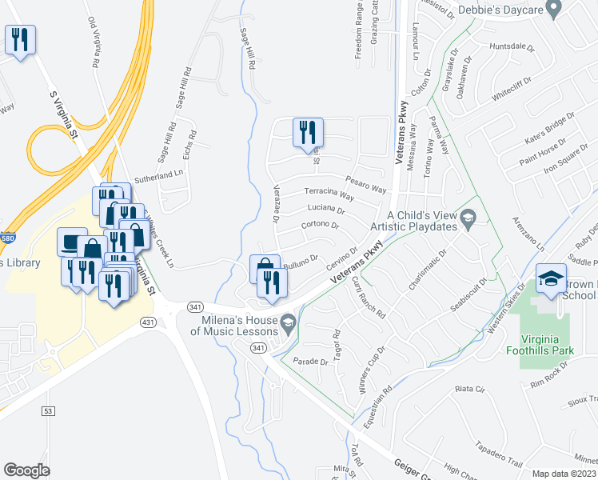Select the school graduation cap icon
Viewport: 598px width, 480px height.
[x=551, y=278]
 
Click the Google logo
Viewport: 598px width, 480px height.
[x=26, y=470]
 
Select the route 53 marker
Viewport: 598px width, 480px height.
[x=47, y=410]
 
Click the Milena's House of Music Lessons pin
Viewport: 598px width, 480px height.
[x=289, y=322]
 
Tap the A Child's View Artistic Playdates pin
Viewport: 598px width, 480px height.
[x=469, y=217]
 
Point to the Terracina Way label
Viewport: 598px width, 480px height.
[x=329, y=194]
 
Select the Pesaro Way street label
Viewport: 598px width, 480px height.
[x=366, y=185]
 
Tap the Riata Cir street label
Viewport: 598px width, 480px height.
[x=470, y=389]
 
